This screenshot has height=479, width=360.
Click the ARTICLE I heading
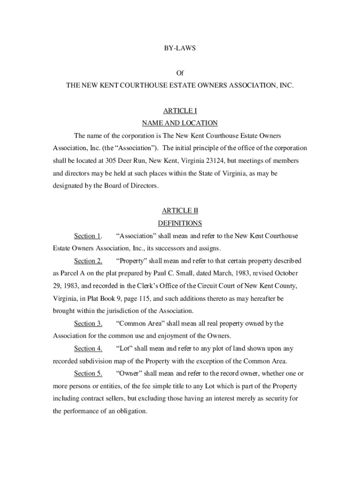pyautogui.click(x=180, y=111)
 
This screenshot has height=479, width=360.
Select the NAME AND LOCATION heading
pyautogui.click(x=180, y=123)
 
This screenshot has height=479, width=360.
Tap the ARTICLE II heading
pyautogui.click(x=180, y=211)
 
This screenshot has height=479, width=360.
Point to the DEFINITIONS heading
pyautogui.click(x=180, y=223)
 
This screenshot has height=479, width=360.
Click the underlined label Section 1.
pyautogui.click(x=88, y=236)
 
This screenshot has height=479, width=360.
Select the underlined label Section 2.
pyautogui.click(x=88, y=261)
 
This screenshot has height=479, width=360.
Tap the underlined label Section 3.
pyautogui.click(x=88, y=323)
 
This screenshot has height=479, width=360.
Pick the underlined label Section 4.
pyautogui.click(x=88, y=348)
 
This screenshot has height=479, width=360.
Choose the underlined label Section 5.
pyautogui.click(x=88, y=373)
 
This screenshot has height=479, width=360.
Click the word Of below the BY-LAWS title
pyautogui.click(x=180, y=73)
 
